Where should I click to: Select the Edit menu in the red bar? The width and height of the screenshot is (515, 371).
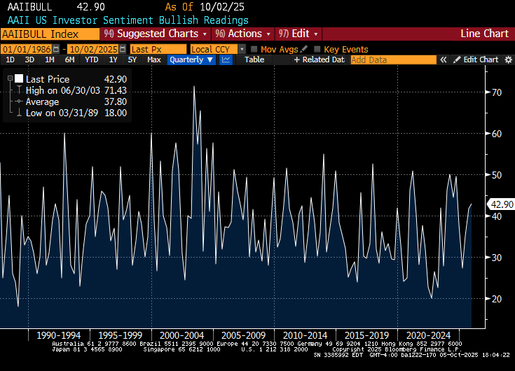[x=299, y=34]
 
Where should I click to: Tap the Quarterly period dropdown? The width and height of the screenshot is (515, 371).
[x=192, y=60]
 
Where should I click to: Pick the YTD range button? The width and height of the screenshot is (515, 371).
[x=91, y=60]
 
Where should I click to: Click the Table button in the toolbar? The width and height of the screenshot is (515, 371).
[x=254, y=60]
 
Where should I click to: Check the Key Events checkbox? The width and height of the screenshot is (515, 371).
[x=317, y=49]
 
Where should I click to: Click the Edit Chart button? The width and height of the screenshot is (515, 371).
[x=476, y=60]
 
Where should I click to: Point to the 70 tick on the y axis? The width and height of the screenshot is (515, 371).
[x=497, y=92]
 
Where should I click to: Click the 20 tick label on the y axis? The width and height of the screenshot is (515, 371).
[x=497, y=299]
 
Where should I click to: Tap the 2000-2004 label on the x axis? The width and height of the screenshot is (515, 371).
[x=181, y=335]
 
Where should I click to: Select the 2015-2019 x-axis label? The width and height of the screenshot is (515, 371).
[x=366, y=335]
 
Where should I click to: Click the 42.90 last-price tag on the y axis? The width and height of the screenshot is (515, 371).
[x=502, y=204]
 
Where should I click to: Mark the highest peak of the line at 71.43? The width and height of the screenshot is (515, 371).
[x=194, y=86]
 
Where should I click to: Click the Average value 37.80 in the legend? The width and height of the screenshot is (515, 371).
[x=116, y=102]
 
